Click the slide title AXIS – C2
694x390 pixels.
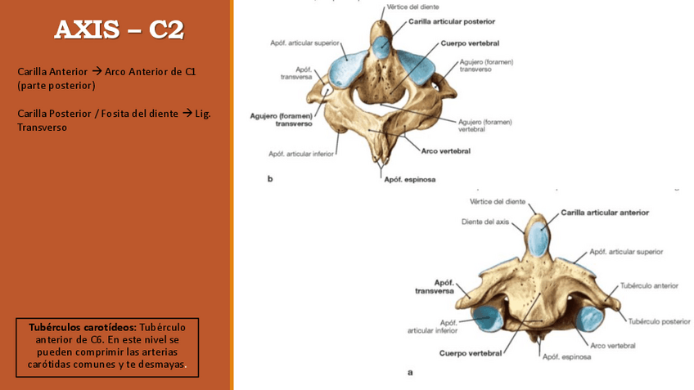coord(119,30)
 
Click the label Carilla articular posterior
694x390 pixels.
coord(451,21)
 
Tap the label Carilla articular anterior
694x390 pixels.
coord(605,213)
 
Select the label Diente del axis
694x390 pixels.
coord(484,222)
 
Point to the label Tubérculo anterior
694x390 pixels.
coord(649,286)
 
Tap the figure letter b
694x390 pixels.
coord(269,180)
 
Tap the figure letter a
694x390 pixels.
coord(410,373)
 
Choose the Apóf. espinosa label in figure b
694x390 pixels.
coord(409,179)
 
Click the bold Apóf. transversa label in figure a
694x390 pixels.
coord(434,286)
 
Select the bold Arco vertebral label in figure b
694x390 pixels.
coord(446,150)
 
